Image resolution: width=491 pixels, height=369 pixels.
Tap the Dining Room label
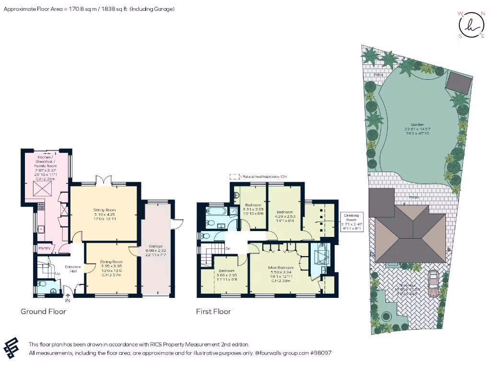(x=111, y=266)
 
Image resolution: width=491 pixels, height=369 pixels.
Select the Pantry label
(x=45, y=248)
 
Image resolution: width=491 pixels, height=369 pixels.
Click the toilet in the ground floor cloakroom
(x=42, y=284)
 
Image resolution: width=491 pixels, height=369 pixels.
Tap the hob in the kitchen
(x=41, y=208)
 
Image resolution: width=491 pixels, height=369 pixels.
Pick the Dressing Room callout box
(x=353, y=222)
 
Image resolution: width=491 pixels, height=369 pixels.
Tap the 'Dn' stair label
(x=228, y=248)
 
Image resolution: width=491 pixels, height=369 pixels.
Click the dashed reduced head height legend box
(x=234, y=177)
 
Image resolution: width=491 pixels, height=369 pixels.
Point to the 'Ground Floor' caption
(x=43, y=311)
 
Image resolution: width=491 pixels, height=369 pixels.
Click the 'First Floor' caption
(x=213, y=311)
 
